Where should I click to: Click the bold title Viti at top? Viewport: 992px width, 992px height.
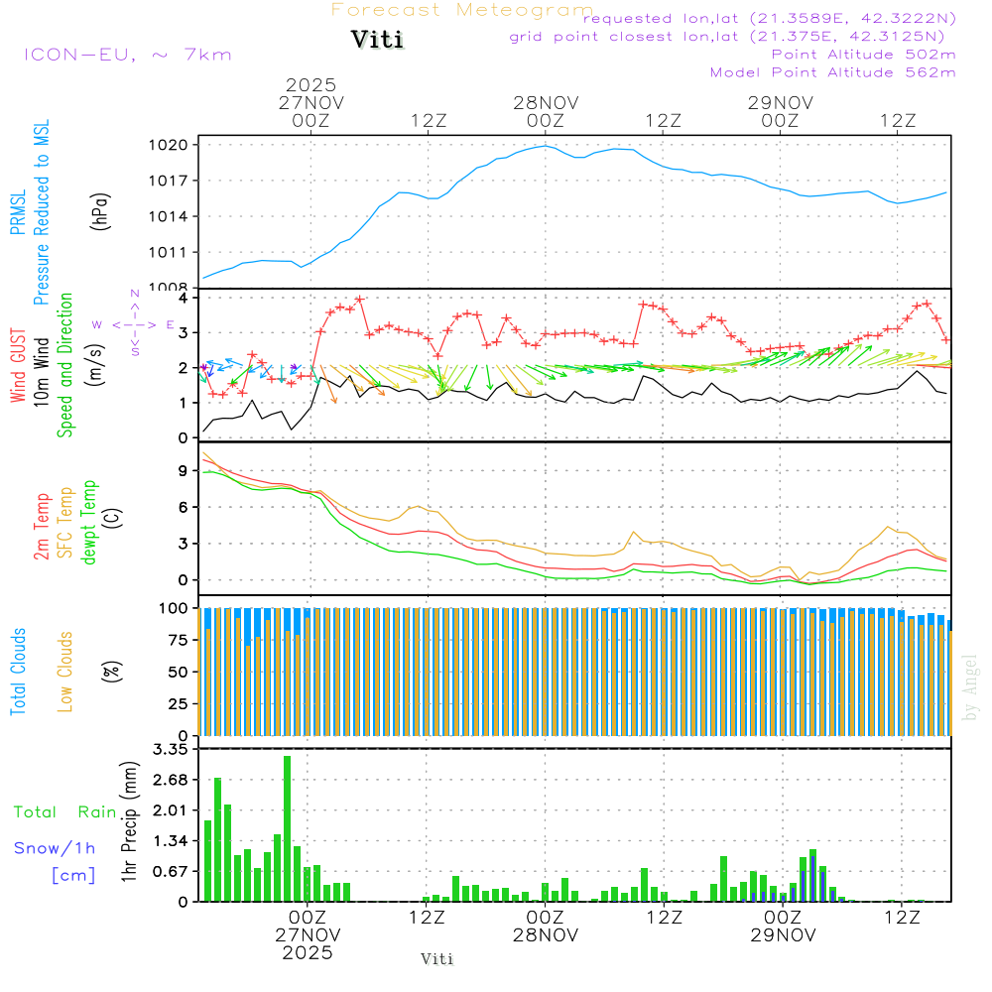[377, 41]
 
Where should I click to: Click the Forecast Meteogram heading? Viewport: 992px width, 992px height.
[462, 10]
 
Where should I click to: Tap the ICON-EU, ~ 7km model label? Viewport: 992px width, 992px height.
[127, 55]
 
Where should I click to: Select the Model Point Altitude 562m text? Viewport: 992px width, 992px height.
[833, 72]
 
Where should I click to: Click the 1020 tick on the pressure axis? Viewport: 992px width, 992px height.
[175, 145]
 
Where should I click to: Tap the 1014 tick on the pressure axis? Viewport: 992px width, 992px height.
[175, 216]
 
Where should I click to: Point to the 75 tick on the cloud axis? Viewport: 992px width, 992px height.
[180, 640]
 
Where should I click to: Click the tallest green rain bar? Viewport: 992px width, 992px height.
[288, 828]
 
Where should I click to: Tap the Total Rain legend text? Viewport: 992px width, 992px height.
[64, 812]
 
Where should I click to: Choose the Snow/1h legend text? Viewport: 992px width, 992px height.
[56, 848]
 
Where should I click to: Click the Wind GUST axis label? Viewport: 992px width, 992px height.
[18, 367]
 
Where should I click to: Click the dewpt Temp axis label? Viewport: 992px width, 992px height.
[89, 523]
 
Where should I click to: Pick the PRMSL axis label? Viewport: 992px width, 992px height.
[18, 213]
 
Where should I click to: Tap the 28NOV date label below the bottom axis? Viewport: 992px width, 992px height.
[546, 934]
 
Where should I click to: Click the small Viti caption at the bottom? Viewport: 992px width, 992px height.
[437, 959]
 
